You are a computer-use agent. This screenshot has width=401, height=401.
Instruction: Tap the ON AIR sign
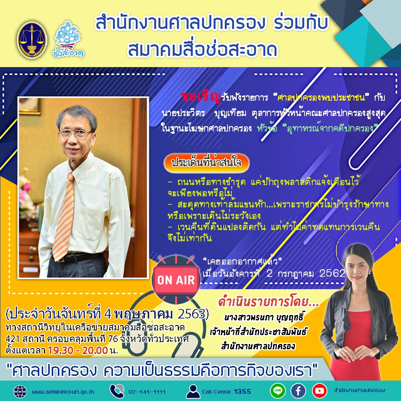[x=175, y=280]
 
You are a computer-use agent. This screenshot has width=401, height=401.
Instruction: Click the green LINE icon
[x=278, y=391]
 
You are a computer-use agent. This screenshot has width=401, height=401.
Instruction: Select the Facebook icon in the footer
[x=298, y=391]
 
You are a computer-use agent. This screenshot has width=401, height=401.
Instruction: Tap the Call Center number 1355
[x=242, y=392]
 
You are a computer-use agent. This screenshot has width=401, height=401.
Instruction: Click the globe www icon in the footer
[x=20, y=391]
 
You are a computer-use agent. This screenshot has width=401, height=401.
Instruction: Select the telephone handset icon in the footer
[x=117, y=391]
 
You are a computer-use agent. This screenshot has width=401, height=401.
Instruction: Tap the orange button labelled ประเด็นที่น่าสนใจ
[x=207, y=162]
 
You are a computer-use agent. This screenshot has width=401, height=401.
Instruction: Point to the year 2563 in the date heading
[x=194, y=314]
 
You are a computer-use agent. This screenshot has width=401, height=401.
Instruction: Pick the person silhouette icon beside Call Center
[x=193, y=391]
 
